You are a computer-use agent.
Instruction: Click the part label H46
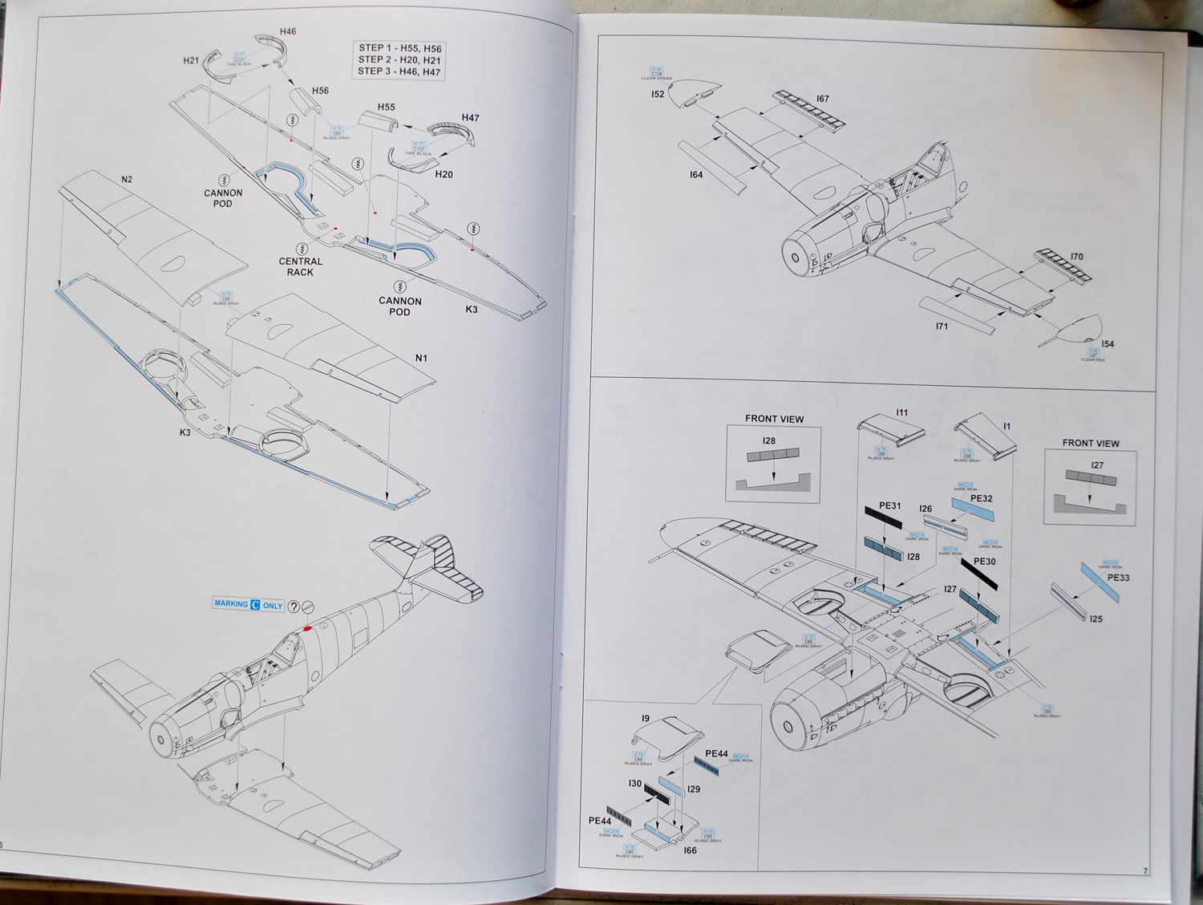(287, 32)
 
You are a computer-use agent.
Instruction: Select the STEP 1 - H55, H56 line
(399, 48)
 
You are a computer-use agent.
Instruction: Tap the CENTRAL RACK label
(301, 266)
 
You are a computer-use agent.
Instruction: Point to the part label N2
(127, 180)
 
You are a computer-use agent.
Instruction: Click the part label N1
(421, 358)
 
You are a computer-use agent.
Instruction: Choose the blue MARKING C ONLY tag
(249, 605)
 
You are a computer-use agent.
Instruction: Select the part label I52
(658, 95)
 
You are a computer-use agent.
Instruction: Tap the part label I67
(822, 99)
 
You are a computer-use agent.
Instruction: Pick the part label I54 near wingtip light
(1108, 343)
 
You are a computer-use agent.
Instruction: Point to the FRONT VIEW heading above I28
(774, 419)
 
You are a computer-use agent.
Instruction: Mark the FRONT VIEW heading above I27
(1091, 443)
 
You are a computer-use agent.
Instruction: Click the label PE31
(889, 506)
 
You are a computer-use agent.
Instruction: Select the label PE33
(1118, 577)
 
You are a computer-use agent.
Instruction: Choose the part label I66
(690, 850)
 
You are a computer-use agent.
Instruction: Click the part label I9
(645, 719)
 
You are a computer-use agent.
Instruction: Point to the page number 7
(1145, 871)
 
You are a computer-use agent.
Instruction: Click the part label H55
(387, 107)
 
